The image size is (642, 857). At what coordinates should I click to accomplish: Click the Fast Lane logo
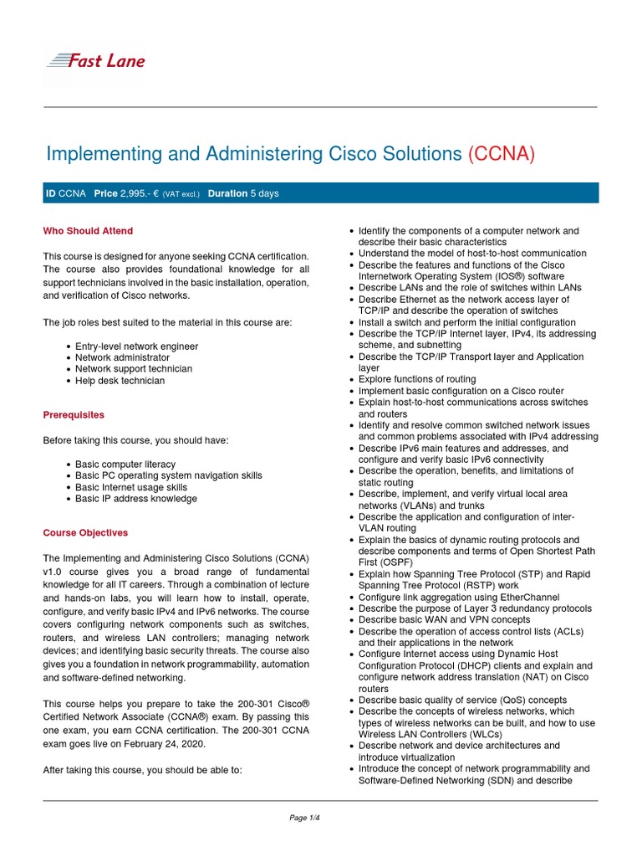click(95, 60)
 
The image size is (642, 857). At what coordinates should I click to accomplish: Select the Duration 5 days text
click(243, 193)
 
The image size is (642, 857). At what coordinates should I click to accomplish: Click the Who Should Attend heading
click(88, 231)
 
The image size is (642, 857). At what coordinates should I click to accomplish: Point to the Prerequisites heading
click(74, 414)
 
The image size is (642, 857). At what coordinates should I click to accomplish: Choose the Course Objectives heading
click(85, 532)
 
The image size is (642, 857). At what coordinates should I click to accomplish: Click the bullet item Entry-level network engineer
click(136, 346)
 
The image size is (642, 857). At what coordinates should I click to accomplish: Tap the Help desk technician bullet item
click(120, 381)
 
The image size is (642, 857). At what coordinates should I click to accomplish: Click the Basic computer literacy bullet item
click(125, 464)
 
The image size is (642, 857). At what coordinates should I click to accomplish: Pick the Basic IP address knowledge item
click(136, 499)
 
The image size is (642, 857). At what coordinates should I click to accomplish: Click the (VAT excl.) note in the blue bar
click(181, 194)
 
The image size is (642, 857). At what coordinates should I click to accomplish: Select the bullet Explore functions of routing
click(417, 379)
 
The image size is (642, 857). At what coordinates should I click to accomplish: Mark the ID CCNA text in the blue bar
click(65, 193)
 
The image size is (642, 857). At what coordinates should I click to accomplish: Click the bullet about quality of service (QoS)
click(461, 700)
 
